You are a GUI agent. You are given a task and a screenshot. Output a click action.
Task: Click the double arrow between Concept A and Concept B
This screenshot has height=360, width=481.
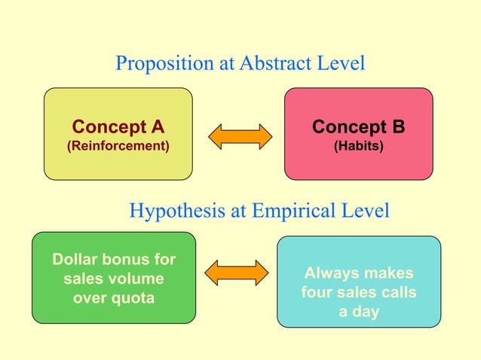239,135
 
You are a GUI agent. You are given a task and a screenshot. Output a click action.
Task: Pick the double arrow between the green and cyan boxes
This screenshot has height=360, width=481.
237,273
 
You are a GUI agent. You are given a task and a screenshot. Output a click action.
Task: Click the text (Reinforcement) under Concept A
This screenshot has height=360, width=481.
118,145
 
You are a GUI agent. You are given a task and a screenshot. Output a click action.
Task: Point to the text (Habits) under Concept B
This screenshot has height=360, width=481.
359,145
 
